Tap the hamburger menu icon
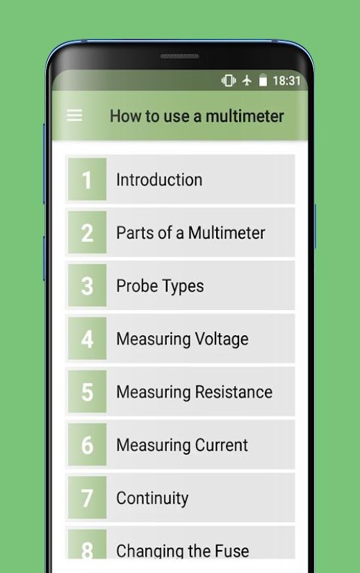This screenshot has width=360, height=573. point(74,116)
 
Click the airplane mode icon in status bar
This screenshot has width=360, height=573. point(247,80)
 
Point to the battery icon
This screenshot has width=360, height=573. point(263,80)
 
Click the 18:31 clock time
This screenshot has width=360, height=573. point(286,81)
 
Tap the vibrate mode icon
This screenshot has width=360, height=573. point(228,80)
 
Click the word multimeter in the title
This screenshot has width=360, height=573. point(245,116)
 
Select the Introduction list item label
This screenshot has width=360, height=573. point(159,180)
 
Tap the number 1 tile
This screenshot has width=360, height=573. point(87,179)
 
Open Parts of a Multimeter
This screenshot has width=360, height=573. point(190,233)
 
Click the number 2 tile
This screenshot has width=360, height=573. point(87,232)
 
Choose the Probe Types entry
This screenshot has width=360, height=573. point(160,286)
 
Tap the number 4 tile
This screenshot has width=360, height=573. point(87,338)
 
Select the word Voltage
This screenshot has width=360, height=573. point(222,339)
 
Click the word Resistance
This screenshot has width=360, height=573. point(233,392)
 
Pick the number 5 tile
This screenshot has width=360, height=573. point(87,391)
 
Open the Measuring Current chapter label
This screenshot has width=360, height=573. point(182,445)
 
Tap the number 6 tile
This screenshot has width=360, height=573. point(87,444)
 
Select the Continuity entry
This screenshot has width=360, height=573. point(152,498)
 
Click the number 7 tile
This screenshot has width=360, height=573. point(87,497)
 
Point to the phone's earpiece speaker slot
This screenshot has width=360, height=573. point(180,57)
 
